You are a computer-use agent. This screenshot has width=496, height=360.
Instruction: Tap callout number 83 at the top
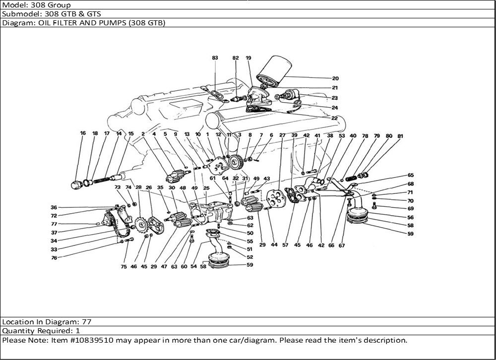[215, 58]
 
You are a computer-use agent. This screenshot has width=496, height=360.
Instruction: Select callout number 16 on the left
[83, 133]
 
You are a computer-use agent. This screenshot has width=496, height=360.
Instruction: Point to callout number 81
[400, 135]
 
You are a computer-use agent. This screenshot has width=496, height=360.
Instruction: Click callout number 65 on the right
[410, 175]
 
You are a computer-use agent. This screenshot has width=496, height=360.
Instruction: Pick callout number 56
[410, 217]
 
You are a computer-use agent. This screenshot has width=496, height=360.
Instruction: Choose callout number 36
[54, 207]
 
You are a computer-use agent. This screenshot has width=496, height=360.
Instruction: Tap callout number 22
[335, 118]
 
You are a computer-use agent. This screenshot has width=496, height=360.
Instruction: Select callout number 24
[335, 108]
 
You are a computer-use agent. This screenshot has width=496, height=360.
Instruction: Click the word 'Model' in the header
[13, 5]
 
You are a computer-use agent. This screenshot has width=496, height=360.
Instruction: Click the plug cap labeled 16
[76, 185]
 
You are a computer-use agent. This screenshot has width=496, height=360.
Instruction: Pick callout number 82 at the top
[236, 58]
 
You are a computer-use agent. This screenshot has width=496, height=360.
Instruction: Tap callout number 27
[282, 135]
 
